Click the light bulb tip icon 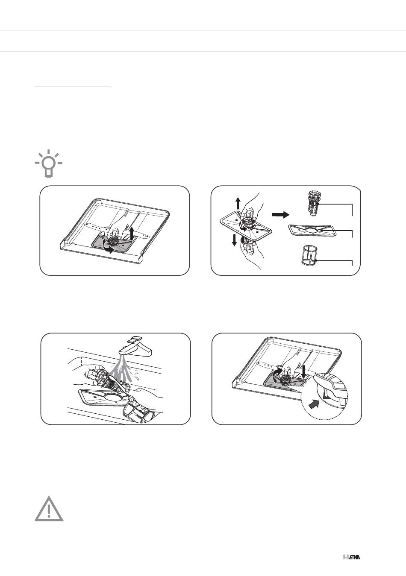tap(49, 163)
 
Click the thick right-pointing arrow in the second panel tap(281, 214)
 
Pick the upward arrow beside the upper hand tap(238, 203)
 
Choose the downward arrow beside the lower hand tap(234, 240)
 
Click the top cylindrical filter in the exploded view tap(313, 204)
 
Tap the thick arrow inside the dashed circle tap(315, 405)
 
